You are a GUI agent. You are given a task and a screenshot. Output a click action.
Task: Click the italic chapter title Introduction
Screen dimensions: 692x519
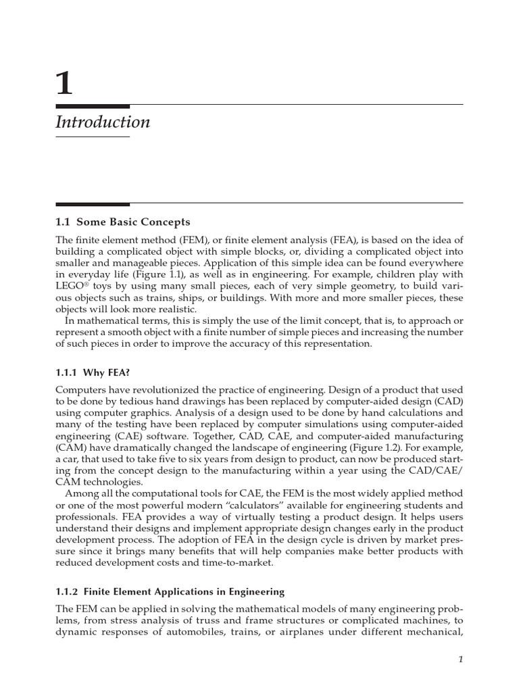103,122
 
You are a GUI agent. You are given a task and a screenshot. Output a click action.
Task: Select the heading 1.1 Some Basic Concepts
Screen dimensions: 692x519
122,222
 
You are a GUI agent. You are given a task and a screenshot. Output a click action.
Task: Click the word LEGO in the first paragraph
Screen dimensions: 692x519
70,287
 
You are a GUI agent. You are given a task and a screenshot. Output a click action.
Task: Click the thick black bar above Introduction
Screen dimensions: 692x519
93,106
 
